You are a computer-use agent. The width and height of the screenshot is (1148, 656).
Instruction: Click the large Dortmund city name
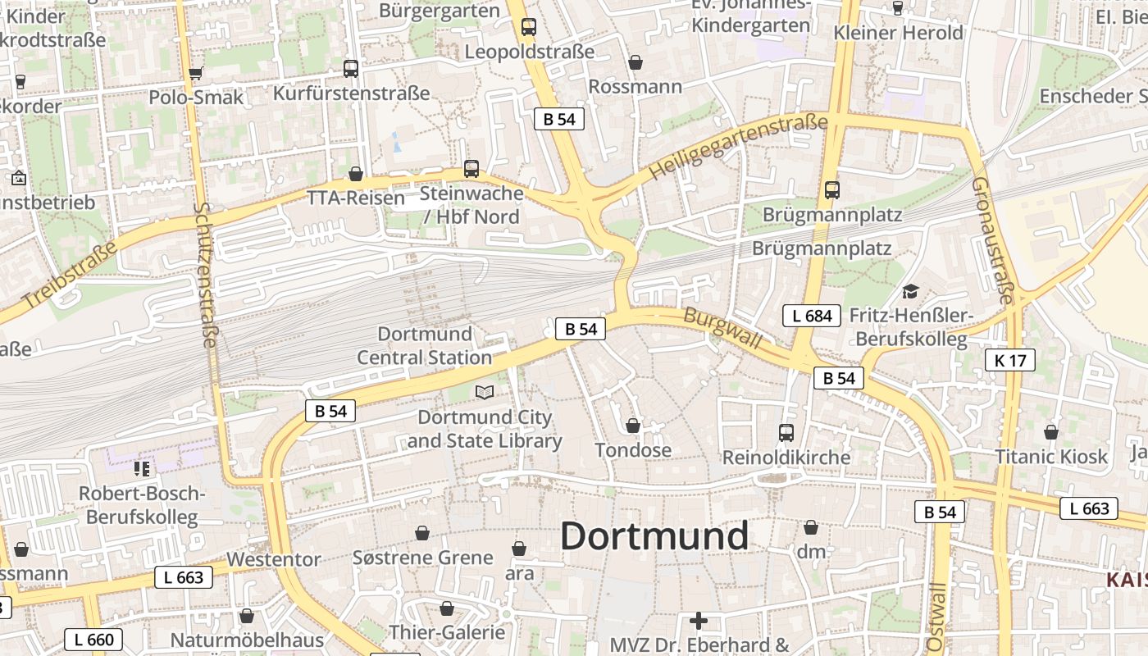pyautogui.click(x=654, y=536)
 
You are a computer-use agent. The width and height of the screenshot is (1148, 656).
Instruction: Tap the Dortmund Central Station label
pyautogui.click(x=425, y=345)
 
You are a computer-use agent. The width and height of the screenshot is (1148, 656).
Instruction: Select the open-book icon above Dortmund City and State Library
pyautogui.click(x=485, y=393)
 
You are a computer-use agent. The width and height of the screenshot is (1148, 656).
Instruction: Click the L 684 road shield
pyautogui.click(x=812, y=316)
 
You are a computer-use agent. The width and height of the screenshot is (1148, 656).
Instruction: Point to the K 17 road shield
pyautogui.click(x=1009, y=359)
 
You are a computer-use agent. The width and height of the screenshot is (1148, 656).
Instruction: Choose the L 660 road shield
pyautogui.click(x=93, y=640)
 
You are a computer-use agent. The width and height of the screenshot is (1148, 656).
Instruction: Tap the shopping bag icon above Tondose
pyautogui.click(x=633, y=426)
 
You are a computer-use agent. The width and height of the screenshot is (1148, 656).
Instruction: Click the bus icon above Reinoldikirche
pyautogui.click(x=786, y=432)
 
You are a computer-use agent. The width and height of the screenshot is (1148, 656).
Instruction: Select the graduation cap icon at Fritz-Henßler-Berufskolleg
pyautogui.click(x=910, y=291)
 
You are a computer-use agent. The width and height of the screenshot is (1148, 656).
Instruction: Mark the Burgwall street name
pyautogui.click(x=722, y=328)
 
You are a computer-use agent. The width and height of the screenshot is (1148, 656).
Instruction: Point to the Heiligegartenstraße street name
pyautogui.click(x=738, y=148)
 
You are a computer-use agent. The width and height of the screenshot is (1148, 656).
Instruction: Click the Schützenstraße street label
pyautogui.click(x=205, y=275)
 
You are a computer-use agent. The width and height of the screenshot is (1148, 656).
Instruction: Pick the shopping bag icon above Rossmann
pyautogui.click(x=635, y=62)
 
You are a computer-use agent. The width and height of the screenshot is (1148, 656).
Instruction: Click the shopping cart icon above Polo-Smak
pyautogui.click(x=196, y=73)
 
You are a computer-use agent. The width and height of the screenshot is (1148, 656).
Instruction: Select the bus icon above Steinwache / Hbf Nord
pyautogui.click(x=471, y=169)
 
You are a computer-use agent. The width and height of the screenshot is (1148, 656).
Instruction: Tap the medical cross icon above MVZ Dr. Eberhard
pyautogui.click(x=698, y=621)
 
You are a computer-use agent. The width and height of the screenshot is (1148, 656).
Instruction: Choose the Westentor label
pyautogui.click(x=274, y=559)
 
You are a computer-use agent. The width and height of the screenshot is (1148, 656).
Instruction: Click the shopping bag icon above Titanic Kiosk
pyautogui.click(x=1050, y=432)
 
